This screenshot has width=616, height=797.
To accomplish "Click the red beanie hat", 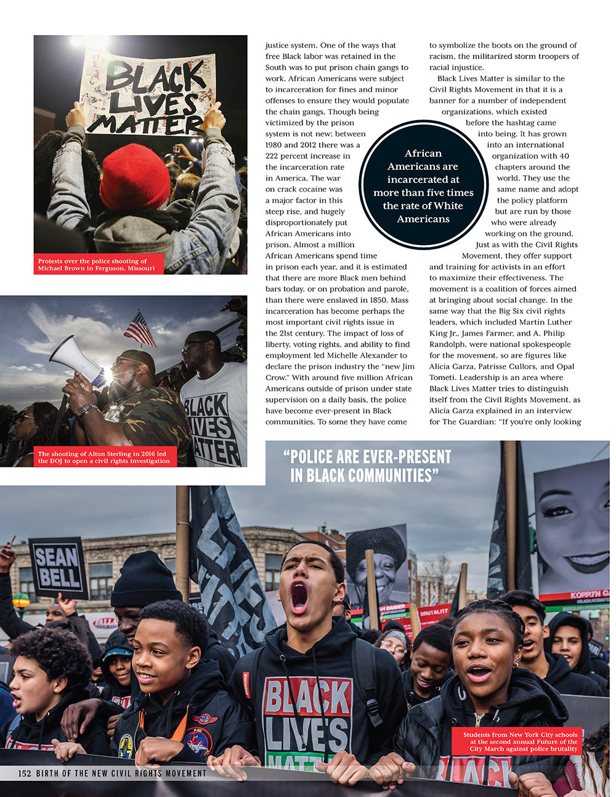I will [x=134, y=177].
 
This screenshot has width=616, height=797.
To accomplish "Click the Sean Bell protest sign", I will [x=58, y=567].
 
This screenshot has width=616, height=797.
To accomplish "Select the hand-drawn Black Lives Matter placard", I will [x=148, y=93].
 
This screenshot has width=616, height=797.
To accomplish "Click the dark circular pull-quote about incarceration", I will [x=423, y=185].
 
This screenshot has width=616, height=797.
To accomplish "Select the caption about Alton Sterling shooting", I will [x=103, y=457].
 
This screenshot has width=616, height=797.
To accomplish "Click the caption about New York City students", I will [x=521, y=742].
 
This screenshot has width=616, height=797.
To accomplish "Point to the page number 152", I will [x=25, y=773].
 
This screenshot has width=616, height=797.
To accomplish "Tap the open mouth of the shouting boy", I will [x=299, y=597].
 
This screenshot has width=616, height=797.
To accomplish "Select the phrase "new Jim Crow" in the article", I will [x=398, y=366].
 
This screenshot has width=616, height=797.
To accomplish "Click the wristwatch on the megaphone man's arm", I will [x=87, y=410].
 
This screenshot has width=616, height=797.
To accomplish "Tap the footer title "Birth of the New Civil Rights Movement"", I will [x=121, y=773].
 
